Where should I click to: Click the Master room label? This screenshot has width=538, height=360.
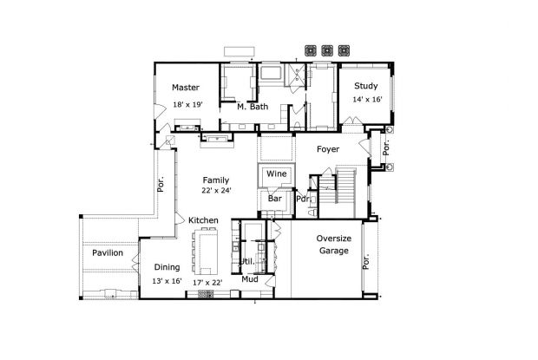click(186, 88)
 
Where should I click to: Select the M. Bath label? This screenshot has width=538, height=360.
click(253, 107)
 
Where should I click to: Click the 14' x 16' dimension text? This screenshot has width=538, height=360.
click(367, 100)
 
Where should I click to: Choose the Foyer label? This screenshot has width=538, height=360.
click(327, 149)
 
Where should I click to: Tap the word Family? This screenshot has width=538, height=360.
click(216, 180)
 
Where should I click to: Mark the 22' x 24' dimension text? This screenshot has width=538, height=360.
click(216, 191)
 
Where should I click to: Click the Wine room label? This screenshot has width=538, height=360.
click(276, 174)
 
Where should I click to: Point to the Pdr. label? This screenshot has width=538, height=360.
click(303, 199)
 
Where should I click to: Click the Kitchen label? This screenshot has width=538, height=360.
click(204, 220)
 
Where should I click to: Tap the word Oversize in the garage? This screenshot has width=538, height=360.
click(333, 239)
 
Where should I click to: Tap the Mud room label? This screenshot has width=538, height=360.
click(250, 279)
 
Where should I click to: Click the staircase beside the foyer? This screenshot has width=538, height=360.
click(345, 184)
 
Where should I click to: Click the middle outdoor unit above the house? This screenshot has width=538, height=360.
click(328, 49)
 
